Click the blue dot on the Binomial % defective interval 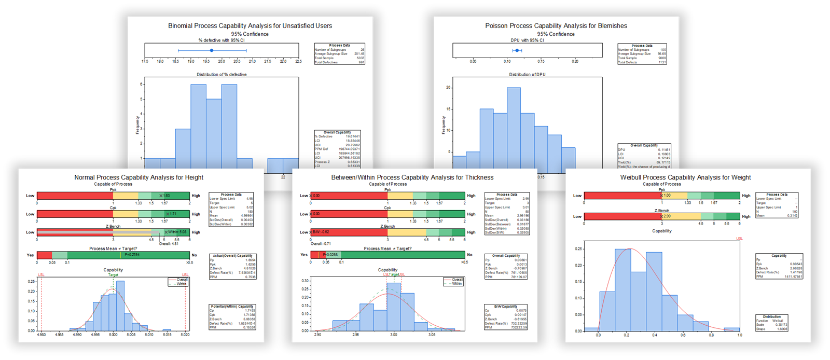[212, 50]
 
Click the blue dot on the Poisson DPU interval [517, 50]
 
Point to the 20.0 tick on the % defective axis [222, 61]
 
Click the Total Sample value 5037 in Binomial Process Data [360, 58]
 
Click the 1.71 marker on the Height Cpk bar [172, 214]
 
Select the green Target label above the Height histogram [113, 275]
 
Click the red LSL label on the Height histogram [41, 275]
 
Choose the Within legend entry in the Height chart [181, 284]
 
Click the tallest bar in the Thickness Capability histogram [394, 306]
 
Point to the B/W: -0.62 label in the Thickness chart [321, 232]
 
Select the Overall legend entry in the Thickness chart [457, 280]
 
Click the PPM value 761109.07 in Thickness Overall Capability [519, 277]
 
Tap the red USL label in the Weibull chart [739, 239]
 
